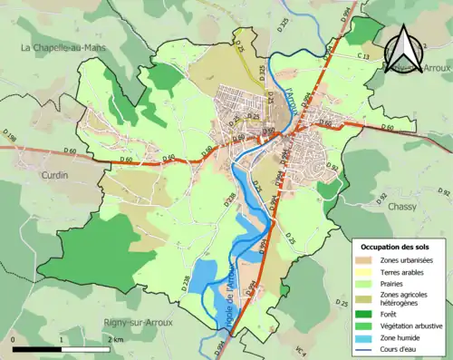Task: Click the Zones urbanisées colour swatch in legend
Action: coord(369,260)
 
